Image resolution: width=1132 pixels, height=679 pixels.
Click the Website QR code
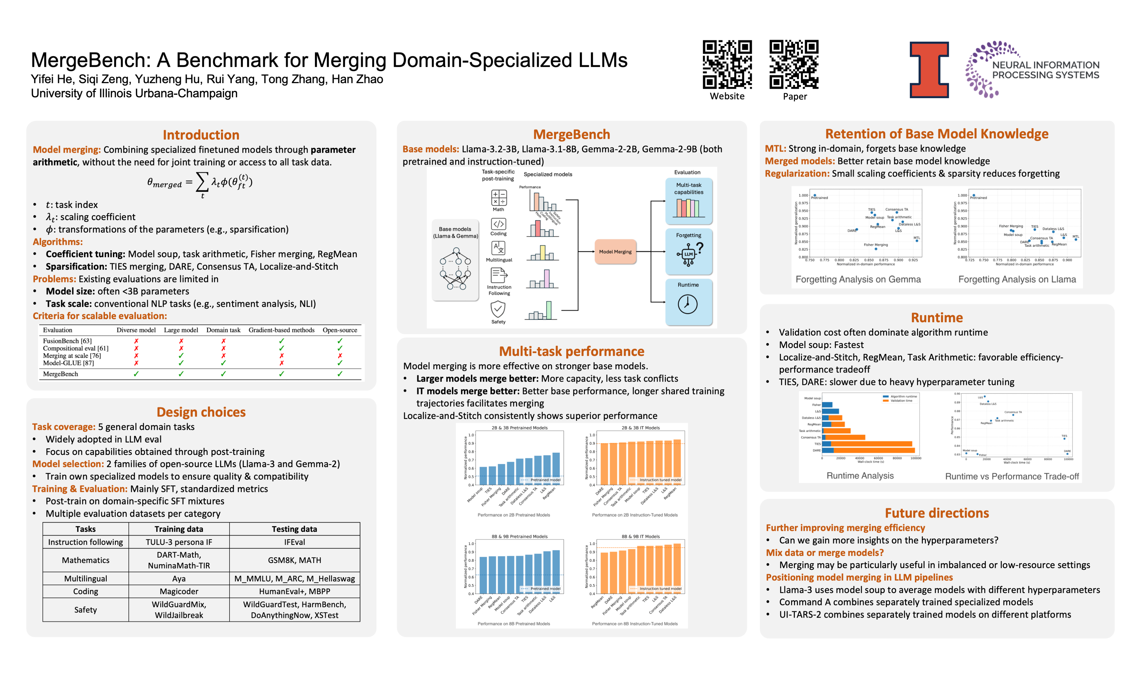tap(727, 65)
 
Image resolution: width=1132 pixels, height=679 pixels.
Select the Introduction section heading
tap(201, 135)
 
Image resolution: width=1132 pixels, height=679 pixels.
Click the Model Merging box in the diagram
tap(615, 252)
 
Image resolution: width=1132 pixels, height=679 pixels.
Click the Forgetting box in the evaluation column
tap(688, 251)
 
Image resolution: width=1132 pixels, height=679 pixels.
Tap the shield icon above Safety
tap(498, 309)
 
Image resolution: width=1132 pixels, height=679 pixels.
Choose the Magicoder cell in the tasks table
tap(179, 591)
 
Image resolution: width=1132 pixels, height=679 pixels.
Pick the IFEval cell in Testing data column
tap(294, 542)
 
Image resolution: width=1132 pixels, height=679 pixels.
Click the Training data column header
tap(179, 529)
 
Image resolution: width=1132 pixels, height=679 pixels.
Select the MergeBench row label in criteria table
tap(60, 374)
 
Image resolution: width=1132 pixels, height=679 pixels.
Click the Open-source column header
tap(340, 330)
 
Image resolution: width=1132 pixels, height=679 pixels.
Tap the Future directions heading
tap(937, 513)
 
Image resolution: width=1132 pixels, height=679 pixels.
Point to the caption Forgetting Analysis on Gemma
tap(858, 279)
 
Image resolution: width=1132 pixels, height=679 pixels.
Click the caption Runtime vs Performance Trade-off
tap(1012, 476)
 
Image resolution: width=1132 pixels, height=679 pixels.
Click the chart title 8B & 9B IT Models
tap(641, 536)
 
